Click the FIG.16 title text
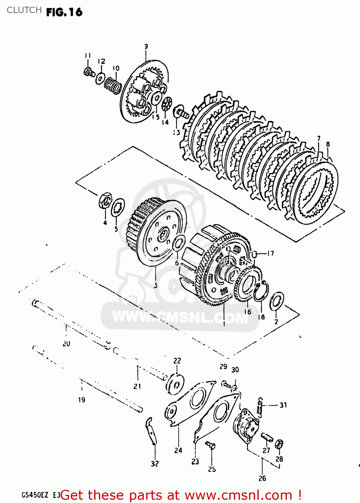coord(64,12)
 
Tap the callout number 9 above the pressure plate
coord(146,47)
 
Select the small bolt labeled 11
coord(88,72)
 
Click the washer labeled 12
coord(100,78)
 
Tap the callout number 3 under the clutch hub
coord(156,286)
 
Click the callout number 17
coord(271,254)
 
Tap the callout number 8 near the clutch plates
coord(328,144)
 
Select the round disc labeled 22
coord(175,384)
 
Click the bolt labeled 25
coord(211,446)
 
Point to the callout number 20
coord(66,344)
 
